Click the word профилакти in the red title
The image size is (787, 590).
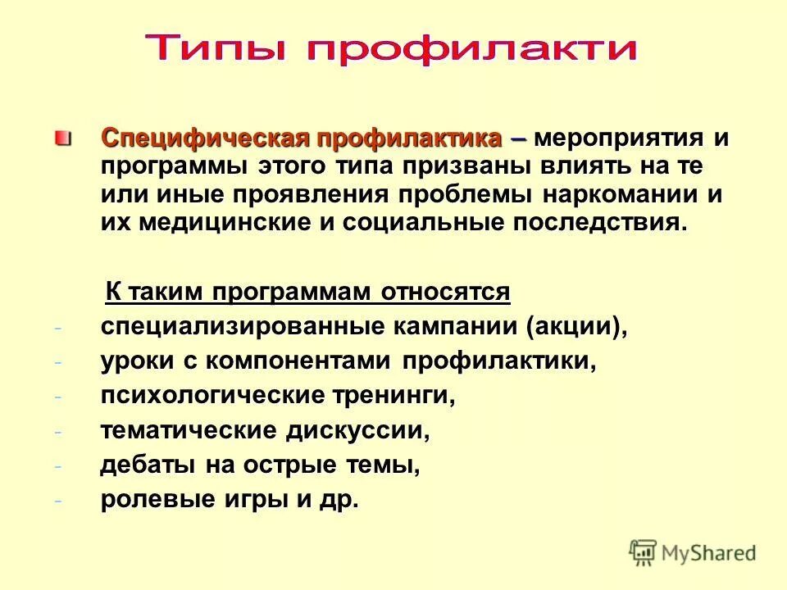coord(472,49)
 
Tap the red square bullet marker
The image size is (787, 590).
coord(63,137)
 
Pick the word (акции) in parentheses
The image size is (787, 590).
coord(576,326)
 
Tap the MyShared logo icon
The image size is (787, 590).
coord(644,552)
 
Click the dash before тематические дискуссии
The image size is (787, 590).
coord(58,431)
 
